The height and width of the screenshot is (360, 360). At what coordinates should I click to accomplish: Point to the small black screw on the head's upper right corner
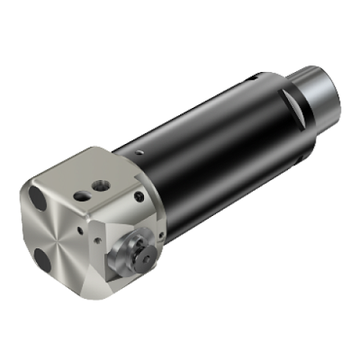point(137,196)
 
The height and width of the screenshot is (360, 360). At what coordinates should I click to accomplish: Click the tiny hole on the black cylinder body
point(139,154)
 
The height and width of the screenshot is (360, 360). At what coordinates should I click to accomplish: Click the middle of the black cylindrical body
point(213,140)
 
